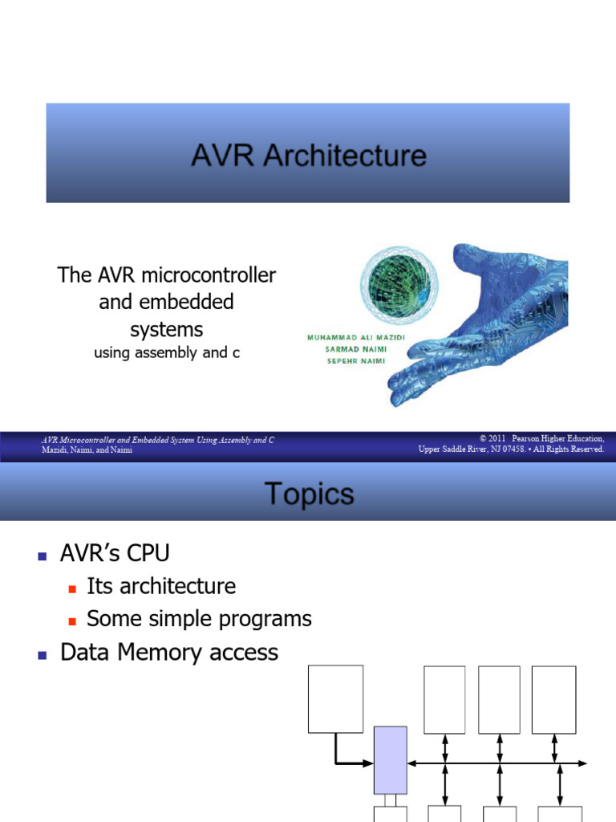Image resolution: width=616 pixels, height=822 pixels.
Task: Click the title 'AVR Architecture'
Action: point(308,155)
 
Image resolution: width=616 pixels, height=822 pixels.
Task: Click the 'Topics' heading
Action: point(309,494)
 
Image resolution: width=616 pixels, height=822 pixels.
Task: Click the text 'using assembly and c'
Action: point(167,352)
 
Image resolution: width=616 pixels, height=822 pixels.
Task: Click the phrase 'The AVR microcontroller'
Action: point(167,275)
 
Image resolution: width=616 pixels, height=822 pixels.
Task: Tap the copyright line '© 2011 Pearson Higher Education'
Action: point(541,439)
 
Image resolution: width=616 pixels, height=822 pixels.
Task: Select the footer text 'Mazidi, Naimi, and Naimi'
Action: point(87,450)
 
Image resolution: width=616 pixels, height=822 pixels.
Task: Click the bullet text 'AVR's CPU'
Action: point(115,553)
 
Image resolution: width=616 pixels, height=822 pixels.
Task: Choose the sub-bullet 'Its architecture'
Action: point(160,586)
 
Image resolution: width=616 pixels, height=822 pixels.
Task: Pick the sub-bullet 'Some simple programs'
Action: point(199,619)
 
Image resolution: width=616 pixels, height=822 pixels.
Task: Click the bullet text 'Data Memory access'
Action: point(169,653)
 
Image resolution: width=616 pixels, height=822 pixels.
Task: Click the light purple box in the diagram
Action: point(391,759)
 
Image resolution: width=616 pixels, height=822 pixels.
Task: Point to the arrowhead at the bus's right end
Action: point(583,763)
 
